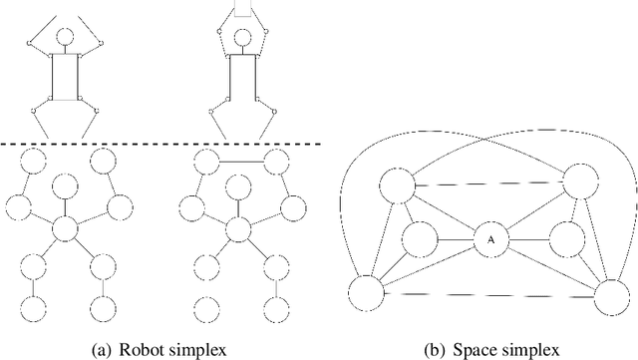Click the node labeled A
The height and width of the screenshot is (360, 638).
(488, 239)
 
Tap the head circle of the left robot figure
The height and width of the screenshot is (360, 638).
(65, 38)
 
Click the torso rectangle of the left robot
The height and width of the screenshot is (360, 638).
(65, 78)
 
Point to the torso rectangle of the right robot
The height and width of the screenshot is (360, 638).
(239, 78)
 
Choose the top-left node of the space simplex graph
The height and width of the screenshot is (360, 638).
(396, 187)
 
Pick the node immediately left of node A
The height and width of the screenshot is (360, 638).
(419, 239)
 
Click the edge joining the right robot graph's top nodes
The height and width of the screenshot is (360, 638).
(239, 162)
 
